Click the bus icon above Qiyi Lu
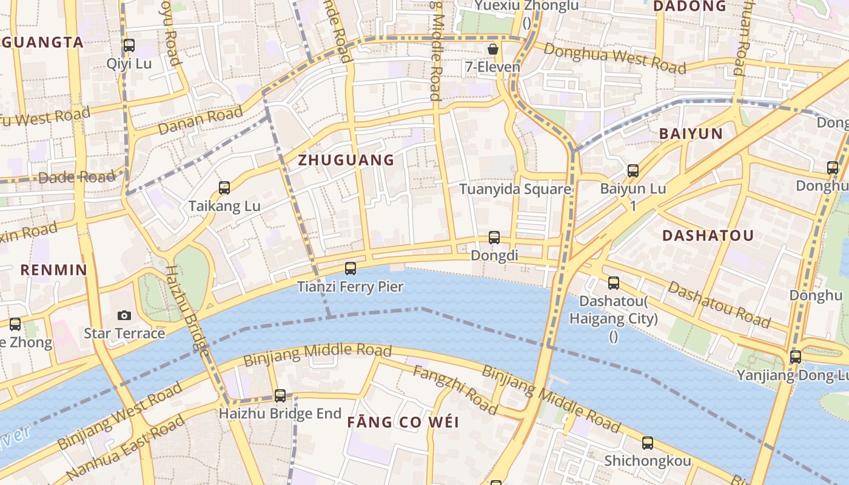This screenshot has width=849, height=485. (129, 45)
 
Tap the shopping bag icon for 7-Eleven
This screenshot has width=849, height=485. (493, 48)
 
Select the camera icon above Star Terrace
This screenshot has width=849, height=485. (124, 315)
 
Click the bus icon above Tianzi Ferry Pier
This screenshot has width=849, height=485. (350, 268)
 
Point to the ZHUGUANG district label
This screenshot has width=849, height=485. (346, 160)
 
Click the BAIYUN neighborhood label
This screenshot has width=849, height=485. (691, 134)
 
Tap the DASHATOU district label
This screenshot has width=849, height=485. (708, 236)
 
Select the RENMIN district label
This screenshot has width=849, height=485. (54, 270)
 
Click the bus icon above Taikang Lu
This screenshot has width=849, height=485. (224, 188)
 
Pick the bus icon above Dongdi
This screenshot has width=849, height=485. (494, 238)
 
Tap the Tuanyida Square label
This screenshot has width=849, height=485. (515, 189)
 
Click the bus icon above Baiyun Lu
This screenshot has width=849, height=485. (633, 170)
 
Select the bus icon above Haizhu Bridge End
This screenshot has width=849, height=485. (280, 395)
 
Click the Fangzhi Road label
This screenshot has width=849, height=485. (455, 390)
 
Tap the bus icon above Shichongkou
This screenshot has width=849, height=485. (648, 443)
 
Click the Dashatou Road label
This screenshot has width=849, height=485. (719, 304)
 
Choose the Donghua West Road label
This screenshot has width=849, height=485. (614, 58)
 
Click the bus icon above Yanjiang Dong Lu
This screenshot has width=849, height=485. (796, 357)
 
